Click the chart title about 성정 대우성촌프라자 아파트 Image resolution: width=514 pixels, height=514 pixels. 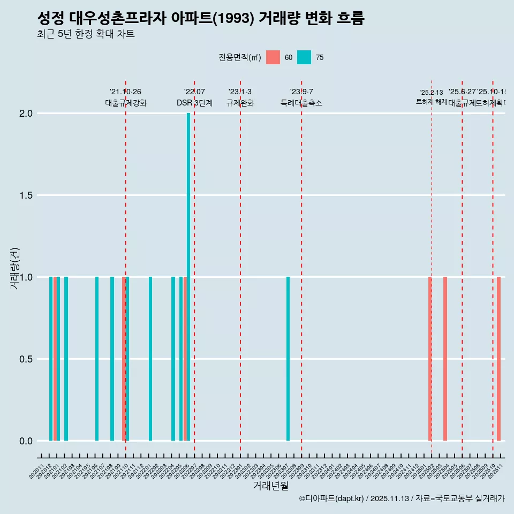point(201,19)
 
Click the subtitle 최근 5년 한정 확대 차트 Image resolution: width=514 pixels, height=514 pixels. point(86,35)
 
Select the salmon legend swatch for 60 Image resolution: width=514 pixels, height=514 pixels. point(273,57)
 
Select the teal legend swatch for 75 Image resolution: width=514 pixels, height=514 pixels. point(304,57)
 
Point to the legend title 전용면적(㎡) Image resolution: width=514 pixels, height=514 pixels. point(239,57)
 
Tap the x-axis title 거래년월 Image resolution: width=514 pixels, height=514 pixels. point(270,486)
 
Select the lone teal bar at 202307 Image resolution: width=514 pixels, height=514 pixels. point(288,359)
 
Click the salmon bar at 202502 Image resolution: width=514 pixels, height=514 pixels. point(430,359)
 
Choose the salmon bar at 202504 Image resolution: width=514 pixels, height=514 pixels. point(445,359)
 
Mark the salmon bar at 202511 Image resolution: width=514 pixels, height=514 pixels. point(498,359)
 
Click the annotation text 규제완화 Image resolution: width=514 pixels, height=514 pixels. point(240,103)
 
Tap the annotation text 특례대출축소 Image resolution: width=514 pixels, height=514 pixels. point(301,103)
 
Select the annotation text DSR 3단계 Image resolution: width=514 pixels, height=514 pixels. point(194,103)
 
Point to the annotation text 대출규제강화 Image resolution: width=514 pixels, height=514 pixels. point(125,103)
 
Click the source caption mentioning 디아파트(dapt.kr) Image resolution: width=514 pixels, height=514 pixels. point(402,498)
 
